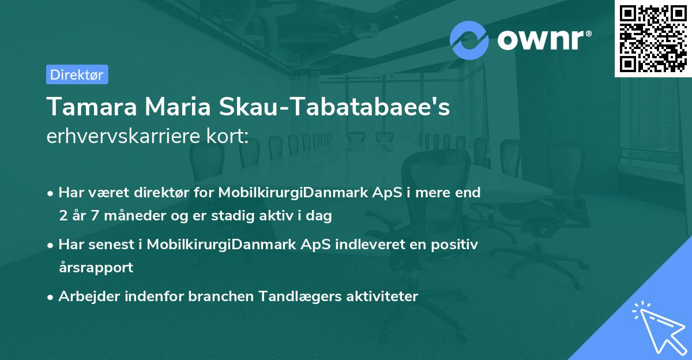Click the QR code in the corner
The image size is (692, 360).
(x=653, y=39)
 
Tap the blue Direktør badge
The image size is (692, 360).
(x=77, y=74)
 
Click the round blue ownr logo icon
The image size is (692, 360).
(x=469, y=39)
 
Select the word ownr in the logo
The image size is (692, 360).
(x=544, y=40)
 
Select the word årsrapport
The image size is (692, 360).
(x=96, y=268)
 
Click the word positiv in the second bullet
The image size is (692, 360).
(x=457, y=245)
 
